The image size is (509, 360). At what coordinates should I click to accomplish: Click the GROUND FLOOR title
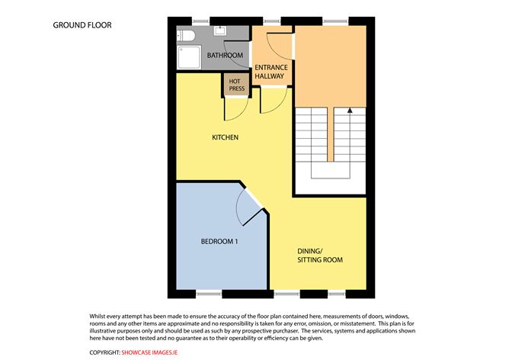tap(82, 24)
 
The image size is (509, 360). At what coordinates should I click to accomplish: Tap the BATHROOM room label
tap(226, 56)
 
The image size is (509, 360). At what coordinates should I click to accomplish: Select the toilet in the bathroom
tap(187, 35)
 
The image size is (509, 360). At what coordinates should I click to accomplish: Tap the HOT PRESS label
tap(235, 84)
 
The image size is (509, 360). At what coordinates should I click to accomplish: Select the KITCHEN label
tap(226, 137)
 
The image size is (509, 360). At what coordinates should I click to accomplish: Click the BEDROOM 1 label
tap(220, 241)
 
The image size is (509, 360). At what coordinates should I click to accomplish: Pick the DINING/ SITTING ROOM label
tap(320, 255)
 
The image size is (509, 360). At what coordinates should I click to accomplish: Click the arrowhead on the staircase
tap(350, 110)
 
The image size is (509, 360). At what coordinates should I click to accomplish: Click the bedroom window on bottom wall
tap(209, 294)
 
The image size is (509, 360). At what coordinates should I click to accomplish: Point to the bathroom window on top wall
tap(202, 18)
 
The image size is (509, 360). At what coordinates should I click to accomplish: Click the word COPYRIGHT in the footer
tap(104, 352)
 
